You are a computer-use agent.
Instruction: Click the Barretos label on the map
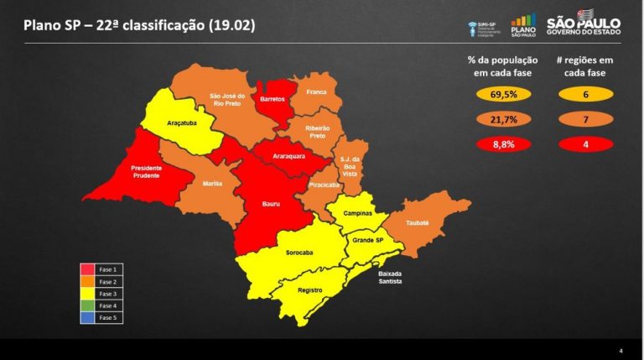(273, 99)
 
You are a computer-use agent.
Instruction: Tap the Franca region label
(316, 91)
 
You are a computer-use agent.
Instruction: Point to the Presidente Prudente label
(147, 172)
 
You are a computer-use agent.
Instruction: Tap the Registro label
(310, 290)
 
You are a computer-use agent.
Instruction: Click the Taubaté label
(417, 222)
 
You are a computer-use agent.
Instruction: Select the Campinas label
(358, 214)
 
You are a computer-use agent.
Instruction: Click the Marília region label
(212, 183)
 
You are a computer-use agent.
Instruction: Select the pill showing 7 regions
(584, 119)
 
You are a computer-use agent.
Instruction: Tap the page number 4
(621, 350)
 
